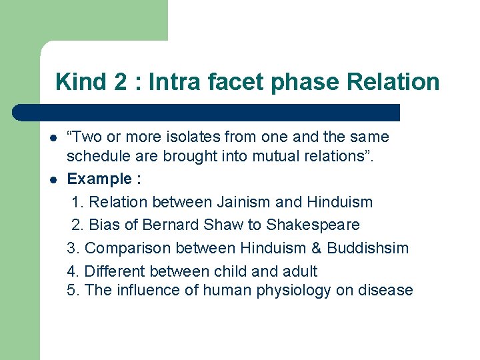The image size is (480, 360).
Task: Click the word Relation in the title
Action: (393, 82)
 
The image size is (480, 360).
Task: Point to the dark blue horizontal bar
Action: (207, 112)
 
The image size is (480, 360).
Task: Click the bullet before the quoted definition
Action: (52, 138)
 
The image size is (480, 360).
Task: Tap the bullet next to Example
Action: (52, 180)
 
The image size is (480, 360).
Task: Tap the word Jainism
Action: (245, 202)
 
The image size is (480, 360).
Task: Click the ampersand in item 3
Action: (316, 248)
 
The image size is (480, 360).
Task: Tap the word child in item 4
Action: (233, 271)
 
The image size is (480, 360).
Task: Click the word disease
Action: (386, 291)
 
